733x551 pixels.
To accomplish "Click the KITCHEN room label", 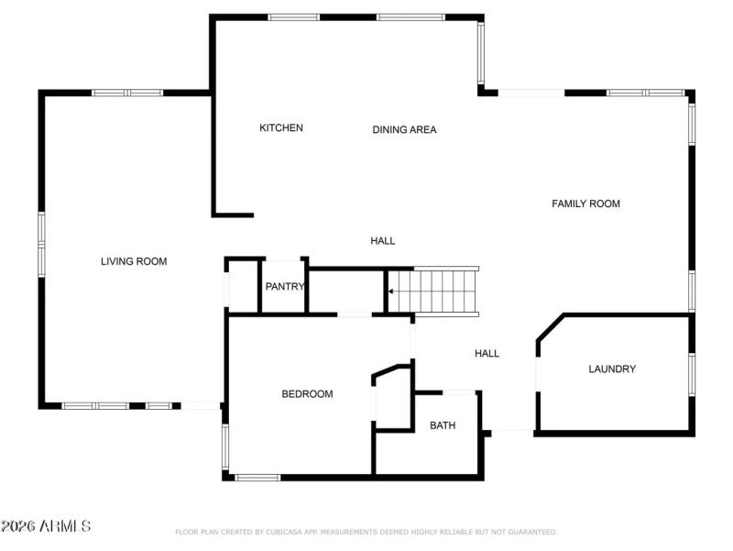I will pos(280,127).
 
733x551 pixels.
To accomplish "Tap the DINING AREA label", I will pos(404,129).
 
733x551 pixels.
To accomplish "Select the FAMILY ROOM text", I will pos(585,204).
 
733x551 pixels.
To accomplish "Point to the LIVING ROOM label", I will pos(134,261).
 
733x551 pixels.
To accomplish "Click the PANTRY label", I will pos(284,286).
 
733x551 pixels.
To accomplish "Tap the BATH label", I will pos(443,425).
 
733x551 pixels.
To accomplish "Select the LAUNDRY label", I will pos(611,369).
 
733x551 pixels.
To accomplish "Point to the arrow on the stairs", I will pos(391,292).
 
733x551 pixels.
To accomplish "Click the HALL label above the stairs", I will pos(382,240).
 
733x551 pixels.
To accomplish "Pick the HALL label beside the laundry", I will pos(487,353).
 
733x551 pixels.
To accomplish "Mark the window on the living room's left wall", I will pos(41,244).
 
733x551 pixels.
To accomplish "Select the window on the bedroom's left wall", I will pos(225,447).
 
